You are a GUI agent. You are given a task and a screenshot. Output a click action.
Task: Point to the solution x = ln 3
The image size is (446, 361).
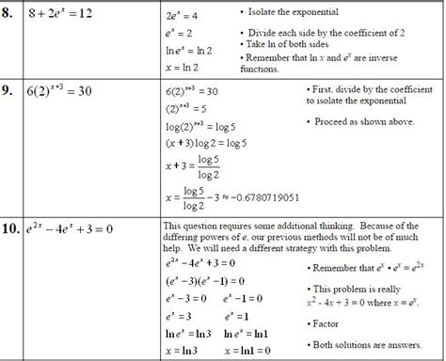[x=186, y=350]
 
